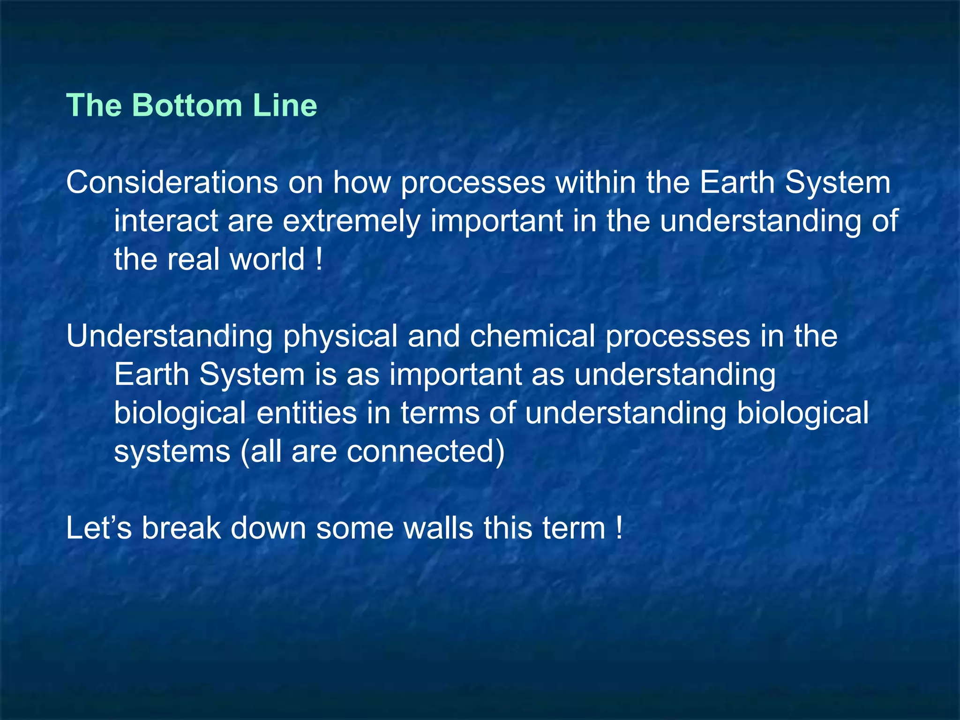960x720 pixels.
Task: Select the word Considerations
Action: (172, 182)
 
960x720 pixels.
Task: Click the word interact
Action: (166, 221)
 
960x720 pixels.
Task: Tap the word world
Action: (267, 259)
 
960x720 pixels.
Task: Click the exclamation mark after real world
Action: (319, 259)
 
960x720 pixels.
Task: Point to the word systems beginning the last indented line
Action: (172, 452)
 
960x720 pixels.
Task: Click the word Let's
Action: (99, 528)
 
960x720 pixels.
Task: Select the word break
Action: (181, 528)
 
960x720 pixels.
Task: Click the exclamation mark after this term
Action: (619, 528)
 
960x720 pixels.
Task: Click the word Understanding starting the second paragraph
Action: (169, 337)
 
